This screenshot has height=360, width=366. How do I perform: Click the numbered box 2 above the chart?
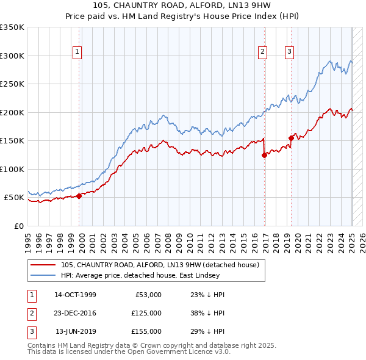[x=262, y=52]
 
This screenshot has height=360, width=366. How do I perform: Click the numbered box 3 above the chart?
[x=289, y=52]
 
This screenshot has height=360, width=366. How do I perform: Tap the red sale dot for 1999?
[x=79, y=196]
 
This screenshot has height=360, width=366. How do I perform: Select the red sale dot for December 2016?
[x=264, y=155]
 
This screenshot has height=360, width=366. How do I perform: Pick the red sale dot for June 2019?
[x=291, y=138]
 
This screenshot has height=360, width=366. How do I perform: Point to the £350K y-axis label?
[x=12, y=27]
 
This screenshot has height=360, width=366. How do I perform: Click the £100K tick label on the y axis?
[x=12, y=169]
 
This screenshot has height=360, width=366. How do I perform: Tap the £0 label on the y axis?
[x=18, y=226]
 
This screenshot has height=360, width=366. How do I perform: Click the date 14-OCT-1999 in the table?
[x=75, y=295]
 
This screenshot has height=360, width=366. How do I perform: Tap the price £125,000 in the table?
[x=146, y=313]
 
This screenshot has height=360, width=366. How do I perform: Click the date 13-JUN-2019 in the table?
[x=75, y=331]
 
